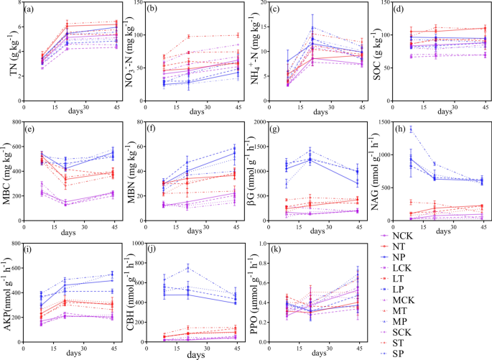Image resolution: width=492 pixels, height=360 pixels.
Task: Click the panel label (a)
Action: click(31, 9)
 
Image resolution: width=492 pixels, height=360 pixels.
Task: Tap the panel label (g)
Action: click(274, 129)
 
